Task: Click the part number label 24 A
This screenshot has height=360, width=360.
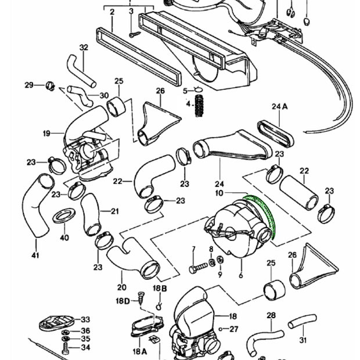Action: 279,106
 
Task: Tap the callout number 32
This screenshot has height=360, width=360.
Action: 84,48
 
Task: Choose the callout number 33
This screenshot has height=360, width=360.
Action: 85,319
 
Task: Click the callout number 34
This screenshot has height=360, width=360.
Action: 85,348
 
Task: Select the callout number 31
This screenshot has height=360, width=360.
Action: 302,340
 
